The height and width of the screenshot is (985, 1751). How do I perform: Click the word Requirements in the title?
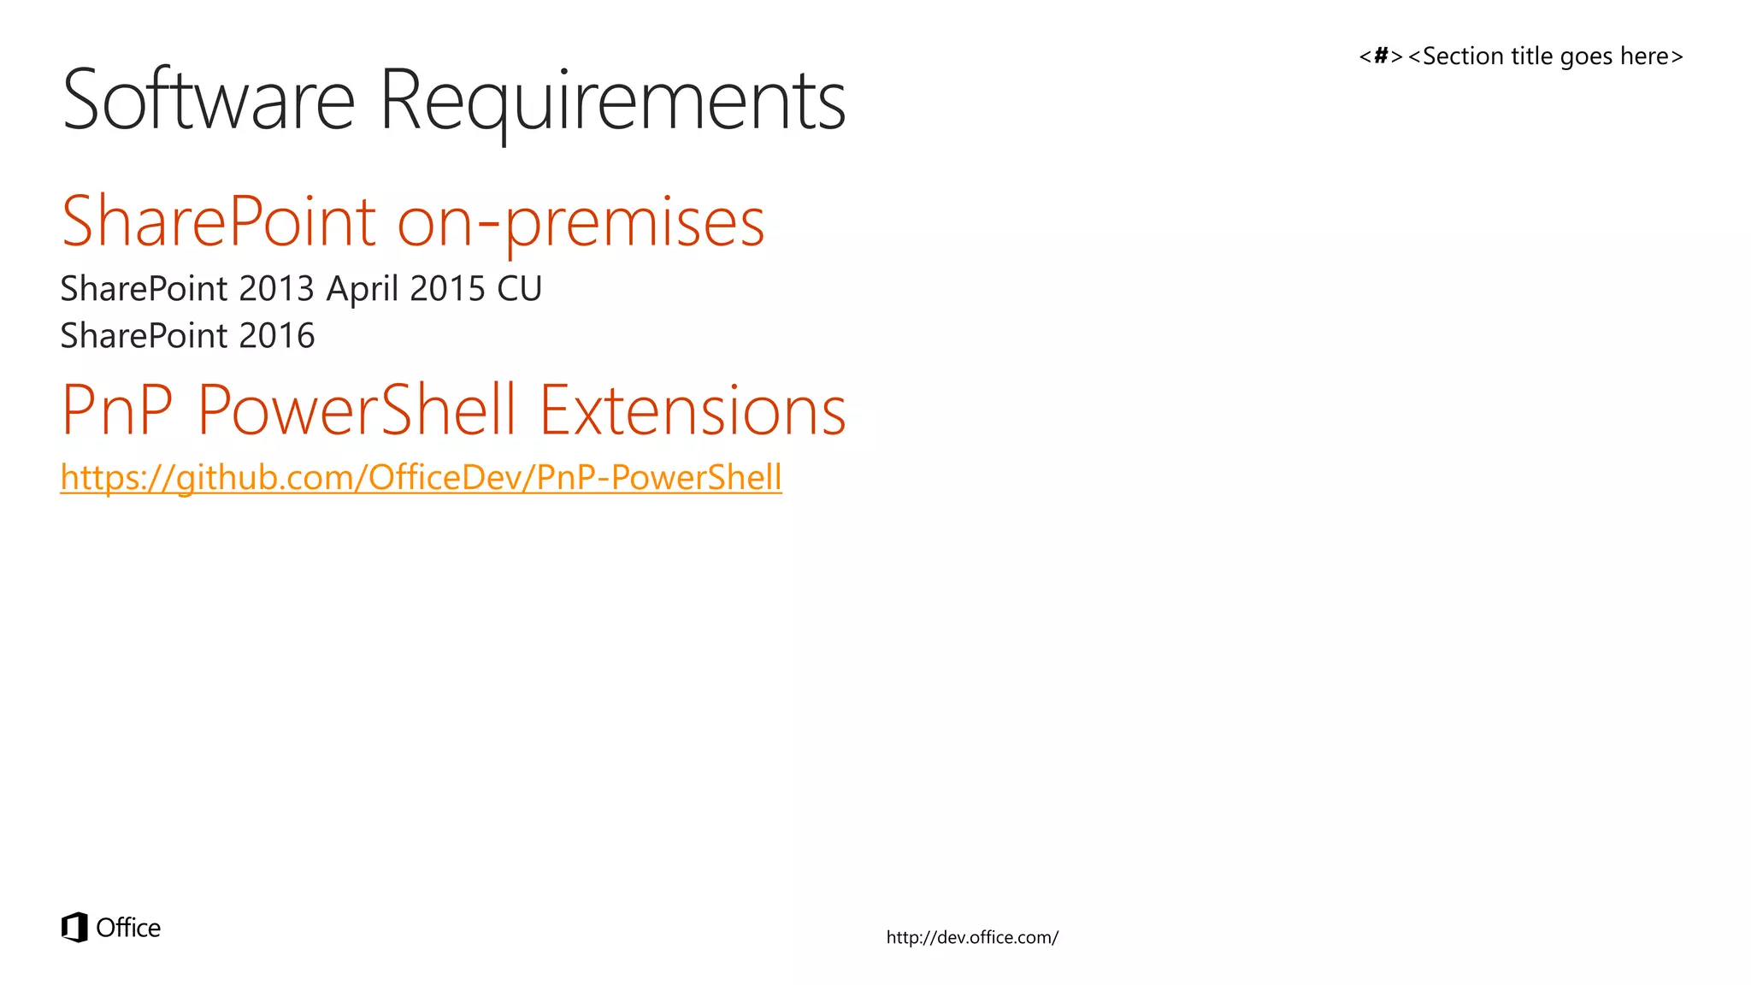[x=612, y=101]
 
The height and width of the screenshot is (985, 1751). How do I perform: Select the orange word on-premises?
[x=581, y=222]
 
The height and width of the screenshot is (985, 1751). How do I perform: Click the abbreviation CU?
[x=520, y=289]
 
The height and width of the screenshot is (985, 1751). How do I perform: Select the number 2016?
[x=277, y=336]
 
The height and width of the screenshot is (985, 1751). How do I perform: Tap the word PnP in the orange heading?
[x=117, y=410]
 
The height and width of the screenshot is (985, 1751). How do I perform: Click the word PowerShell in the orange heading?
[x=357, y=410]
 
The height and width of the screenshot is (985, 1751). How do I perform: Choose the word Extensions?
[x=693, y=410]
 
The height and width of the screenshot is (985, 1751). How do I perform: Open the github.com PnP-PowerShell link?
[x=421, y=477]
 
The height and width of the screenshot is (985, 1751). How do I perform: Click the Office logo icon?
[x=75, y=927]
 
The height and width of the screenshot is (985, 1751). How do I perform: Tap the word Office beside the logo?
[x=128, y=928]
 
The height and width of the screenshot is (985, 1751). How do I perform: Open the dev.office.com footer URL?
[x=972, y=937]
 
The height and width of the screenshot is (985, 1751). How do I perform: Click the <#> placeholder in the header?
[x=1381, y=56]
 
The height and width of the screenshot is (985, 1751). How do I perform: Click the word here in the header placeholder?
[x=1644, y=56]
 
